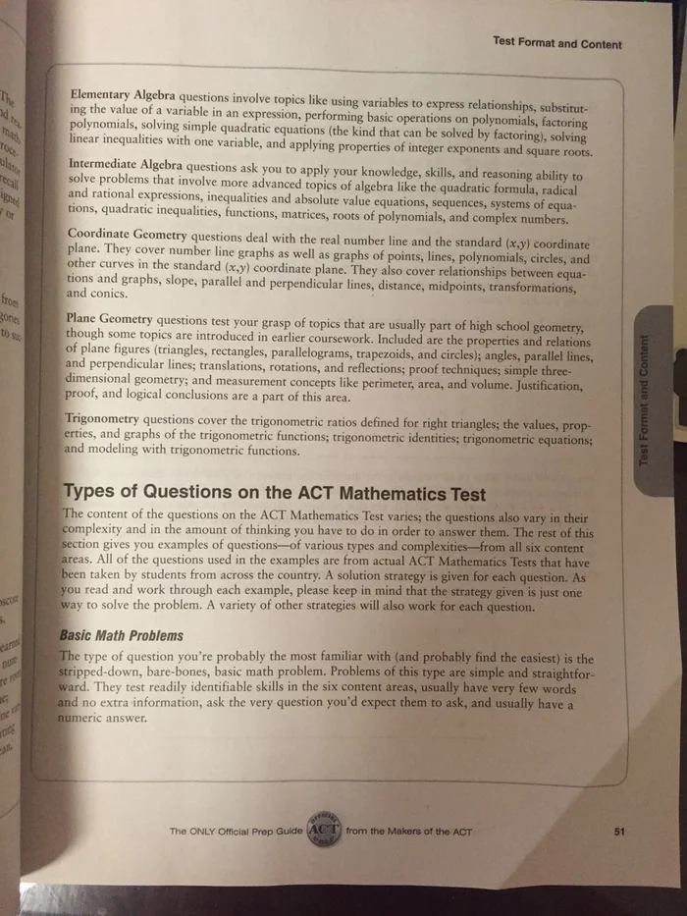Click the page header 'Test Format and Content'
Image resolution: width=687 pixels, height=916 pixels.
click(x=556, y=44)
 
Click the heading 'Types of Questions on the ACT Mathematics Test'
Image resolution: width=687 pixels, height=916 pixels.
click(x=274, y=491)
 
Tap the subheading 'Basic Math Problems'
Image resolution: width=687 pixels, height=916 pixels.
click(x=121, y=636)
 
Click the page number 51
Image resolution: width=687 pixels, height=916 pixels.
click(x=618, y=832)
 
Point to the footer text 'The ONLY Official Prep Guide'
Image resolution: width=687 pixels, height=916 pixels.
click(x=236, y=833)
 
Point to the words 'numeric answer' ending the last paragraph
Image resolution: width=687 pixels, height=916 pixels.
click(x=102, y=718)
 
